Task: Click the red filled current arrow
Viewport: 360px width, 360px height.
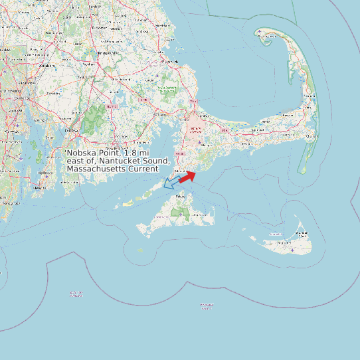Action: tap(187, 176)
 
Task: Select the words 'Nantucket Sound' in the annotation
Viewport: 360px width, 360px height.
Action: tap(137, 161)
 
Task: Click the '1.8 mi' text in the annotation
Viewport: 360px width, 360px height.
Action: tap(137, 153)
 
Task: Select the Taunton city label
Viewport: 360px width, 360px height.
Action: tap(85, 76)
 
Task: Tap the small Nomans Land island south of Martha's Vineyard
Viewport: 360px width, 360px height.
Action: tap(140, 250)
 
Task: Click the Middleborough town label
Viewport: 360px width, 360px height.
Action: tap(122, 78)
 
